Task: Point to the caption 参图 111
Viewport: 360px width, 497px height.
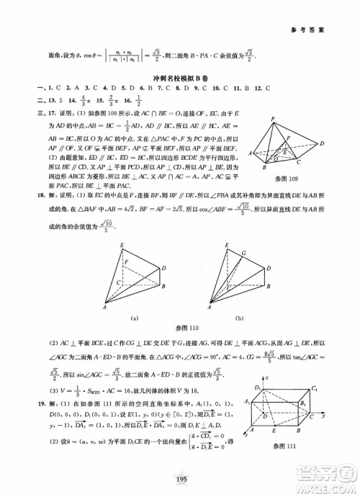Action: coord(303,449)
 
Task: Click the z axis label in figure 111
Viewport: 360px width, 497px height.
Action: coord(267,377)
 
